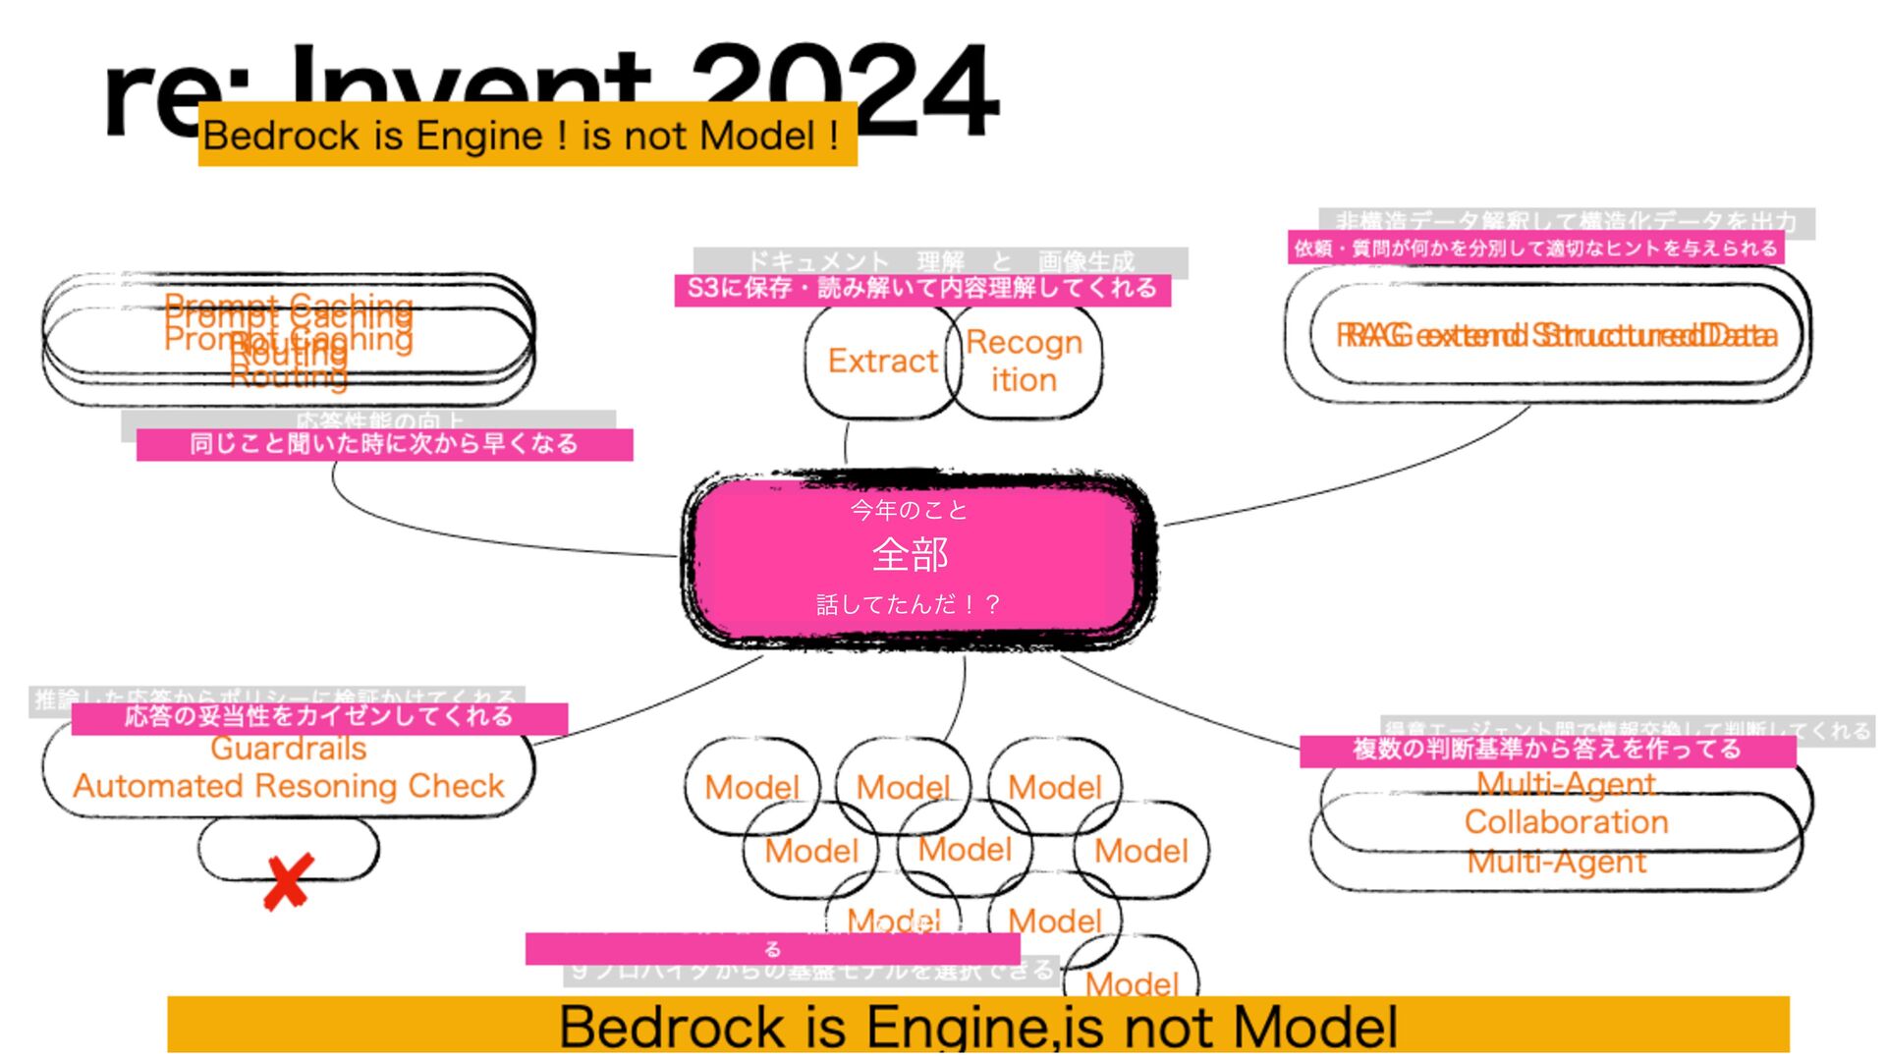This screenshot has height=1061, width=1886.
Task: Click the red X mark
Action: click(288, 881)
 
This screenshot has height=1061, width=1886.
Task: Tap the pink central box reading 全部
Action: click(918, 560)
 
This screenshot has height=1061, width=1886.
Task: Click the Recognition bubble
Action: click(1025, 361)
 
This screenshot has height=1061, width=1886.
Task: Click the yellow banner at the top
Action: click(527, 136)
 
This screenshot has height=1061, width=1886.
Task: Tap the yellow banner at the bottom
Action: click(977, 1026)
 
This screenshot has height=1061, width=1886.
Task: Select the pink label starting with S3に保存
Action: click(922, 289)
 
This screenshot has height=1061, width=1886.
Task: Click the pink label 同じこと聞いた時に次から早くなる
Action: click(384, 444)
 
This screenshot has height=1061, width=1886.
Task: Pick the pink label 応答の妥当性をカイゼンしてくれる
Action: click(319, 717)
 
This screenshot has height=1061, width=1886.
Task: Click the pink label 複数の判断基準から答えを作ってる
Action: click(1547, 751)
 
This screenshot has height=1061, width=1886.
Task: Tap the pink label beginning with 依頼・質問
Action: click(1535, 248)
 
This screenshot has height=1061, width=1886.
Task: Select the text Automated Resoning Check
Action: click(289, 786)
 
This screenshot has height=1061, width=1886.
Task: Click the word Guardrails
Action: click(289, 750)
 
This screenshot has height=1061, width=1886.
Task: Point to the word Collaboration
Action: click(1566, 822)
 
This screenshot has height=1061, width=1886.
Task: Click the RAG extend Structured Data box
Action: click(1557, 336)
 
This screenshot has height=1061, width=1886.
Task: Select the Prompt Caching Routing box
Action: click(289, 339)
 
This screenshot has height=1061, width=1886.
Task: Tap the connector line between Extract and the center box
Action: click(846, 443)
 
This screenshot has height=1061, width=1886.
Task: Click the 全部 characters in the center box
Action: click(910, 556)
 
